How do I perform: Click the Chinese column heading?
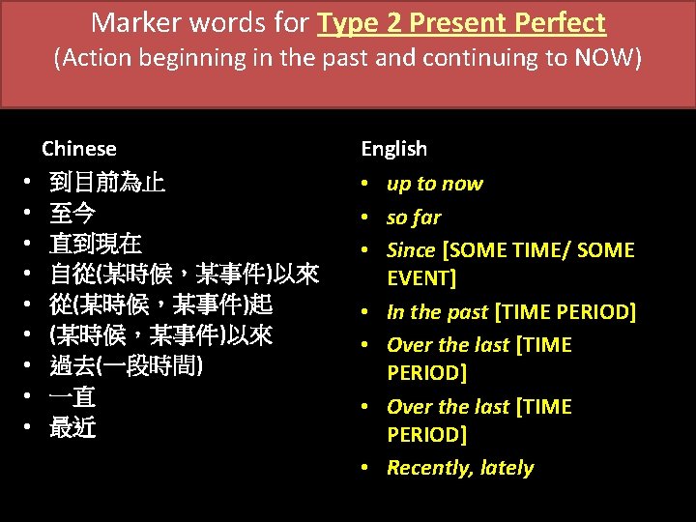click(x=78, y=149)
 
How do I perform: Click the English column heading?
click(x=393, y=149)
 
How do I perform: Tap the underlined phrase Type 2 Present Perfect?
click(x=461, y=22)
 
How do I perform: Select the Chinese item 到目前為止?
click(x=107, y=184)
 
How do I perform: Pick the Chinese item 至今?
click(x=72, y=214)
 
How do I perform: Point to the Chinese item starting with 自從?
click(x=184, y=275)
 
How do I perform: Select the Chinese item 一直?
click(x=72, y=397)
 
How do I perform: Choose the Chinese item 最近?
click(x=72, y=428)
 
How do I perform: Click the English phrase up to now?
click(x=434, y=184)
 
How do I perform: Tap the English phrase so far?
click(x=414, y=217)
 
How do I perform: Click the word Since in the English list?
click(x=411, y=250)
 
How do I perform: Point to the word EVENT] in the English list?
click(x=421, y=279)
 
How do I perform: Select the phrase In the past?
click(x=437, y=312)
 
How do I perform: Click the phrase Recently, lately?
click(x=460, y=468)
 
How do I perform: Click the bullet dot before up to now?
click(x=368, y=185)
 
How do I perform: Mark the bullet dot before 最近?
click(x=28, y=428)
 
